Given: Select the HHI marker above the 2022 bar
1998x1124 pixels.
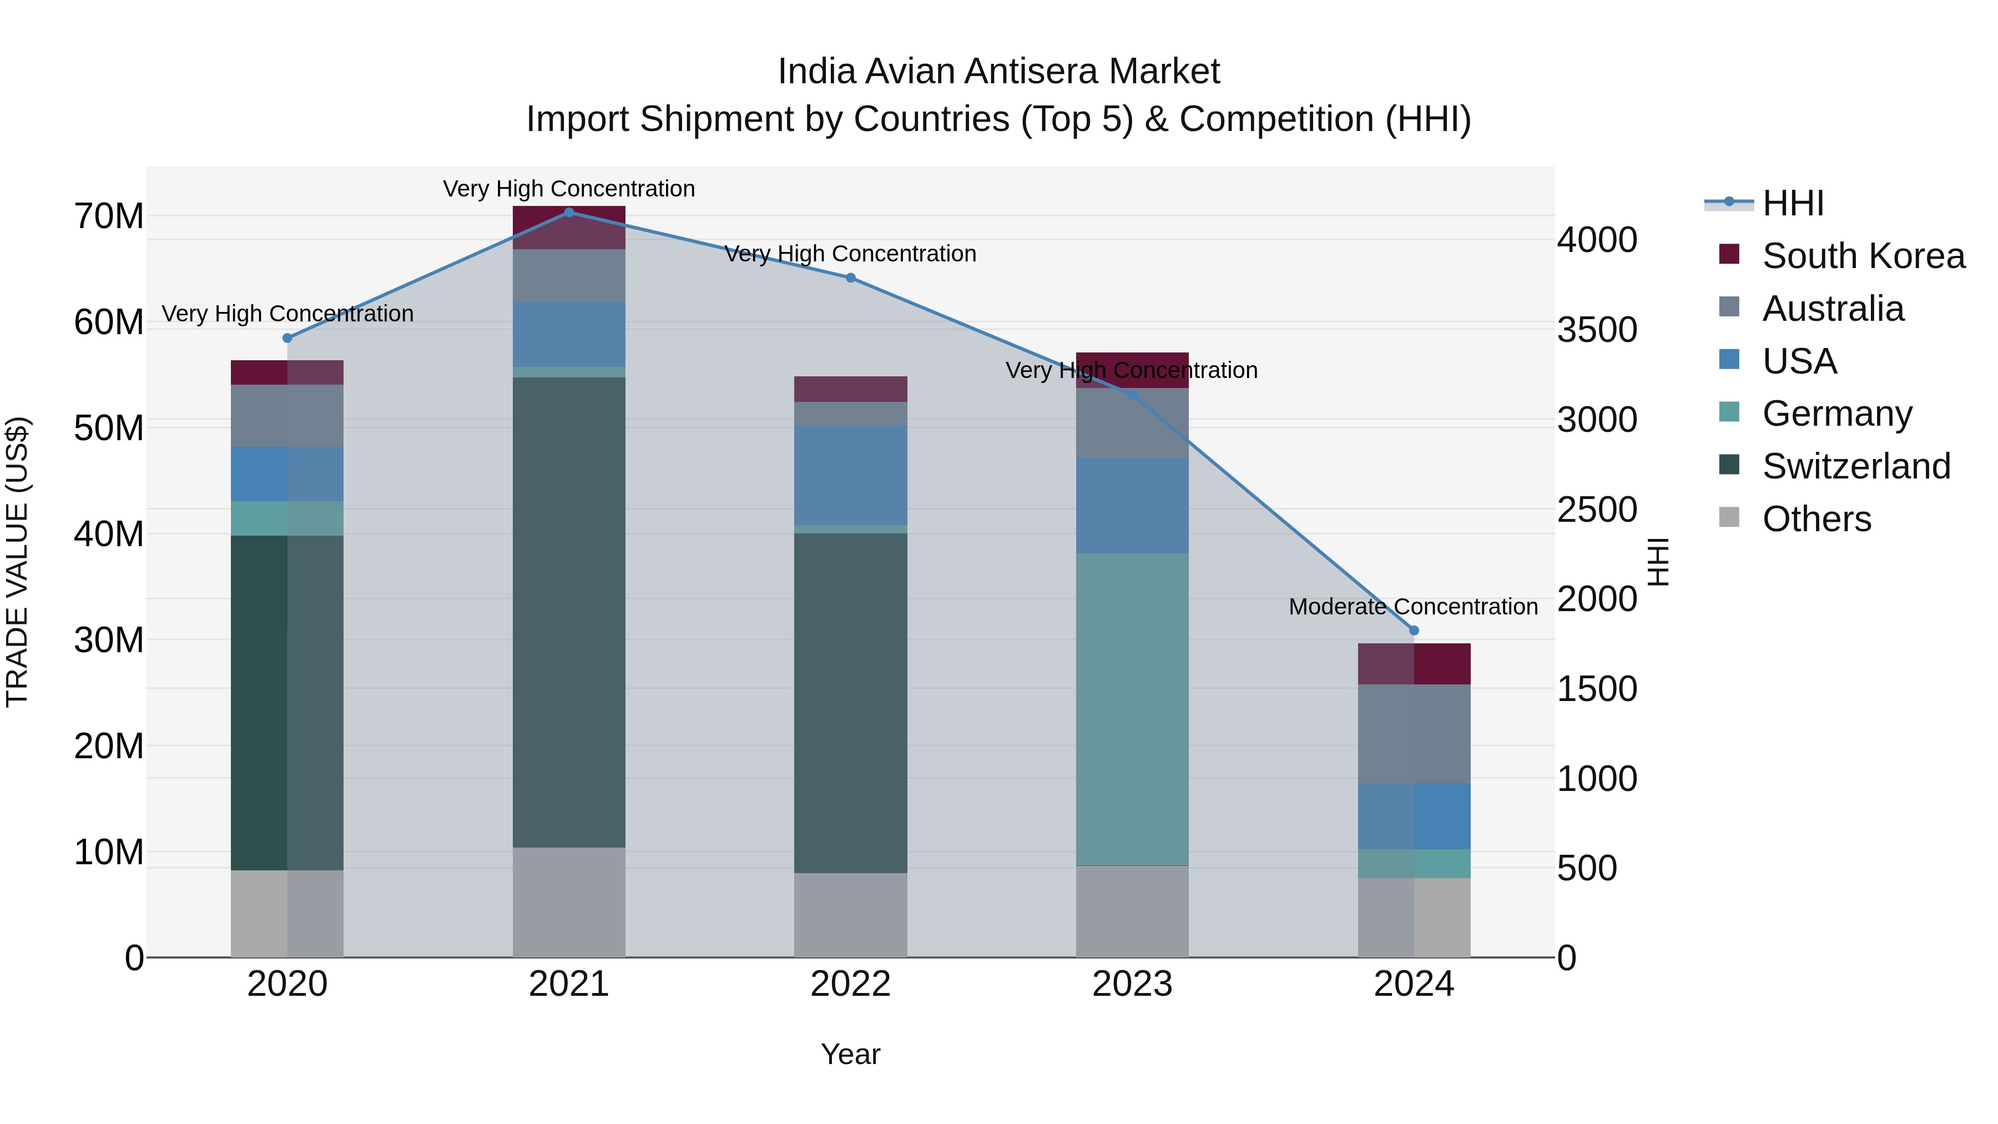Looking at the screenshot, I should point(850,278).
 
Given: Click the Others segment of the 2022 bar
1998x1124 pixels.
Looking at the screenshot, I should point(850,915).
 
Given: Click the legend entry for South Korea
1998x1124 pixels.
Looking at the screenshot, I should point(1863,256).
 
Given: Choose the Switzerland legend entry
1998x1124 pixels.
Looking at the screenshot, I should point(1855,466).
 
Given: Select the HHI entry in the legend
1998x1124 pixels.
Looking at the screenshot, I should point(1793,203).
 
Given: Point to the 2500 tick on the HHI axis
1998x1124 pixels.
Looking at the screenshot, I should point(1597,510).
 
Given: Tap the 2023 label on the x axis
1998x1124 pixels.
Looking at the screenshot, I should point(1132,984).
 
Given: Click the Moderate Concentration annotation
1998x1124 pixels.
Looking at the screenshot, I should point(1412,607).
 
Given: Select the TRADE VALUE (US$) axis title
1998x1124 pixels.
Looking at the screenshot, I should point(17,562).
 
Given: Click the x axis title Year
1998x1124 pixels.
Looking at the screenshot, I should point(850,1054).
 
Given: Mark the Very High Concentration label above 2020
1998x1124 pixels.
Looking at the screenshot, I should point(287,314).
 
